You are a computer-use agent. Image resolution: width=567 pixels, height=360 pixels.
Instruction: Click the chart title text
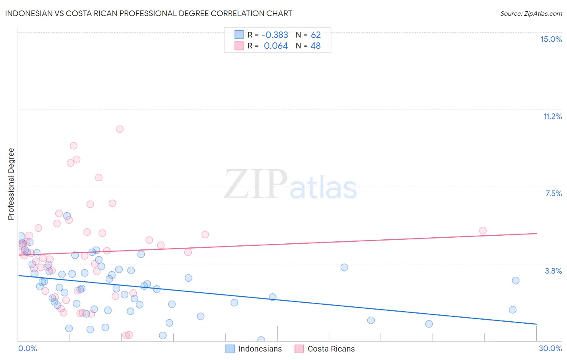[148, 13]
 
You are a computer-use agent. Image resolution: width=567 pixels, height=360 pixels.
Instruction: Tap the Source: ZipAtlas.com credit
[531, 13]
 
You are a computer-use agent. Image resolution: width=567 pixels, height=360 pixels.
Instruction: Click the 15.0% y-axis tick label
[551, 39]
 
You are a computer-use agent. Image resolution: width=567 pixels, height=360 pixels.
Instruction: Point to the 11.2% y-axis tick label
[552, 116]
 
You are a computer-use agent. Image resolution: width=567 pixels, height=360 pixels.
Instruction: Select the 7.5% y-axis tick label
[553, 193]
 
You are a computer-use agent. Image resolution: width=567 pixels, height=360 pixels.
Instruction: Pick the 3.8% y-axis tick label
[553, 271]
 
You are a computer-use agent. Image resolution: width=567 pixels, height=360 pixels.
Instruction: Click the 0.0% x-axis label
[27, 348]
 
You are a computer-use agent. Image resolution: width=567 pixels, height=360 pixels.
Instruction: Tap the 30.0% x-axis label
[550, 348]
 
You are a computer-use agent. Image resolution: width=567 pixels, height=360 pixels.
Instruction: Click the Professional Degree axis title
[11, 184]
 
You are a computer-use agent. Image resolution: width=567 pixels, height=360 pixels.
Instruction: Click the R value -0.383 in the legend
[275, 35]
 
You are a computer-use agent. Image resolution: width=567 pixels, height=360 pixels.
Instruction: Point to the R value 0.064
[276, 46]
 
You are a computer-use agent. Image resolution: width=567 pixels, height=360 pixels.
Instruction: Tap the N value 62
[316, 35]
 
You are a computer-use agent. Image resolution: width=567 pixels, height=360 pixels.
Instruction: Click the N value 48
[315, 46]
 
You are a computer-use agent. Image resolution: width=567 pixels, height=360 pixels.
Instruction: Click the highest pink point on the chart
[120, 129]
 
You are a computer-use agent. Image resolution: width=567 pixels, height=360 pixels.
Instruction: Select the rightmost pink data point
[483, 230]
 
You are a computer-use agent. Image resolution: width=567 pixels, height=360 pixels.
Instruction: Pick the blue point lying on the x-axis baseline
[261, 340]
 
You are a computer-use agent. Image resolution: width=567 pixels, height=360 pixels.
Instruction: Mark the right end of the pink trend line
[536, 233]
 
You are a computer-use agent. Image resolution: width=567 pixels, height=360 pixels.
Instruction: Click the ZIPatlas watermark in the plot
[290, 185]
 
